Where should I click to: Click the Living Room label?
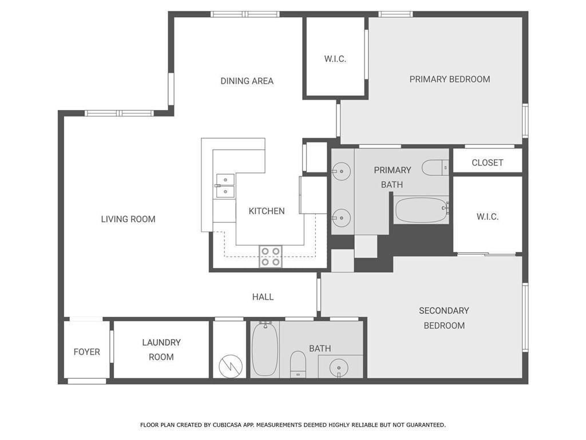click(x=128, y=219)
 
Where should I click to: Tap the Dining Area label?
click(x=247, y=81)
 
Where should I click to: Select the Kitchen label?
click(x=267, y=211)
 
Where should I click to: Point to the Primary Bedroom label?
click(x=450, y=79)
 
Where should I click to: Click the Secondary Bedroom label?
click(x=444, y=318)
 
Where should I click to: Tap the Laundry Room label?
click(x=161, y=349)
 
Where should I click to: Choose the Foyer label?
click(x=87, y=352)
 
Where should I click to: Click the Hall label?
click(x=263, y=297)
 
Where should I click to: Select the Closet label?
click(x=488, y=163)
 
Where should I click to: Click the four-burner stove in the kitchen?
click(x=271, y=257)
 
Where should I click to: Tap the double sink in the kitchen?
click(x=225, y=186)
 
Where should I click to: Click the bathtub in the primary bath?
click(x=421, y=210)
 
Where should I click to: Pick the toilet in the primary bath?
click(x=435, y=167)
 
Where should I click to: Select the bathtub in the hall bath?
click(x=265, y=349)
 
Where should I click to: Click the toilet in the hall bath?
click(x=298, y=364)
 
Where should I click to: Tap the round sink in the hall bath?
click(x=339, y=368)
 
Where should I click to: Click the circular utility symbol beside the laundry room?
click(x=231, y=366)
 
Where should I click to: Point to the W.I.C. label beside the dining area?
click(x=335, y=59)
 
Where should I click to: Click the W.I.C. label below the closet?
click(x=488, y=217)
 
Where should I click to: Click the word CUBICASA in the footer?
click(x=228, y=425)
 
